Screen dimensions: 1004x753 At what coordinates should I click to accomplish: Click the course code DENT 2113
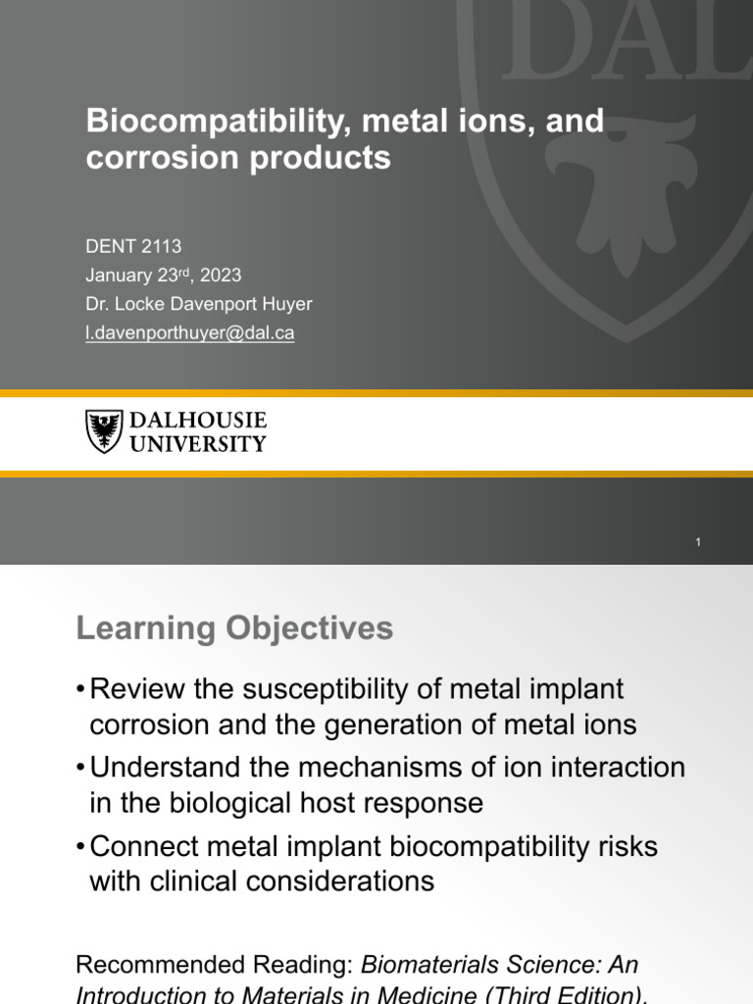(x=133, y=246)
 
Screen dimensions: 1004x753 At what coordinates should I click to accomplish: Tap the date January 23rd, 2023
(x=164, y=276)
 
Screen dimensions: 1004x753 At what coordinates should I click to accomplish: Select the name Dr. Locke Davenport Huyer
(x=199, y=304)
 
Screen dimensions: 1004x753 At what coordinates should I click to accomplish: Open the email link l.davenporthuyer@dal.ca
(x=190, y=332)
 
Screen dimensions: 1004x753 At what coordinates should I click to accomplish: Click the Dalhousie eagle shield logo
(x=104, y=431)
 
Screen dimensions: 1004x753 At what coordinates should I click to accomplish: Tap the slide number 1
(x=698, y=542)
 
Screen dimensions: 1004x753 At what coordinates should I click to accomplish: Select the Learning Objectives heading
(x=234, y=628)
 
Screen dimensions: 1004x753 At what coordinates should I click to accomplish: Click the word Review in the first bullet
(x=136, y=689)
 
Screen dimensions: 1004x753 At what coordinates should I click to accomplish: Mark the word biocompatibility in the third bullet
(x=479, y=845)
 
